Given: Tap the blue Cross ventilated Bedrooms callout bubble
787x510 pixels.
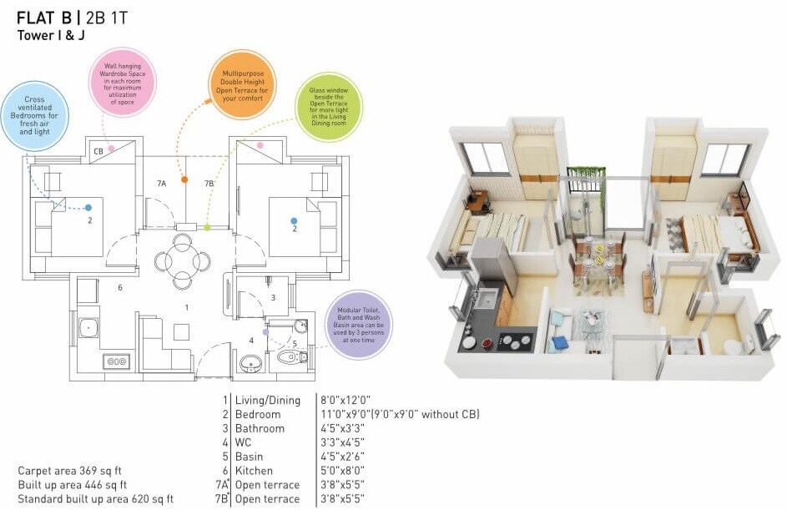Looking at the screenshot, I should pos(34,115).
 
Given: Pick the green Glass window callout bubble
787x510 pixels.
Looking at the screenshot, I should pos(329,107).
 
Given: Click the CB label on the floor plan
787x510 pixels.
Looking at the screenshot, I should pos(98,152).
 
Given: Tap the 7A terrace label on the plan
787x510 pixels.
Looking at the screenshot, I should pos(161,183).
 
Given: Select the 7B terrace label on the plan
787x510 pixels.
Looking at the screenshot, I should pos(209,183).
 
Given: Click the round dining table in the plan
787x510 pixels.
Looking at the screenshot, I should pos(182,260).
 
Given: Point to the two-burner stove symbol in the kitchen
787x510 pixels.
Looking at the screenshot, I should pos(117,361).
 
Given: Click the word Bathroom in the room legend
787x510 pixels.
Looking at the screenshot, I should pos(260,428).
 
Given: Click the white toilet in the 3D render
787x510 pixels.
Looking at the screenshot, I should pos(731,346).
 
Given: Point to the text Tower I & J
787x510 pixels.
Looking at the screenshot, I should pos(52,35).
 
